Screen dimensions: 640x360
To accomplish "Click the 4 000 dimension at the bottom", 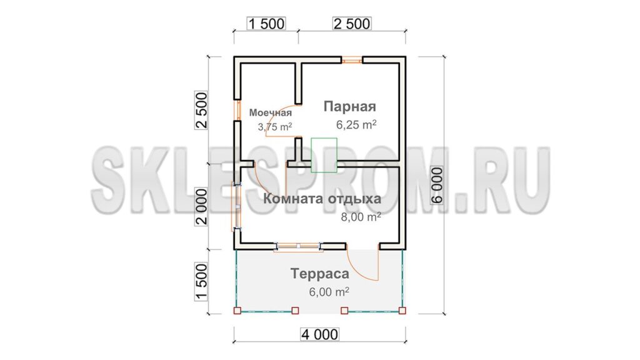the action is coord(319,335).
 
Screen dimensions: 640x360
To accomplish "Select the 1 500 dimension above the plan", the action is coord(266,24).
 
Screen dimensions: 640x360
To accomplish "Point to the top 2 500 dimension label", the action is coord(352,24).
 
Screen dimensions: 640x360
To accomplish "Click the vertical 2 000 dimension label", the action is coord(201,206).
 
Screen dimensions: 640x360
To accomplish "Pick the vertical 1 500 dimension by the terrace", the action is coord(201,282).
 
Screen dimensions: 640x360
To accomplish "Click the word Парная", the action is coord(350,106).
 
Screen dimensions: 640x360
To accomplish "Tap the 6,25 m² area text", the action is coord(356,124).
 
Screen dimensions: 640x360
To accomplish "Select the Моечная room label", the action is coord(270,112).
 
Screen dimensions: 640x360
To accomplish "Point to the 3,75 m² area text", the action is coord(275,127).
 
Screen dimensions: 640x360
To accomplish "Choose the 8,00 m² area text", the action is coord(361,217).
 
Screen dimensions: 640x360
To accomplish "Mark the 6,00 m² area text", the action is coord(329,292).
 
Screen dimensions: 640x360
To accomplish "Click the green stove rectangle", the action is coord(324,155).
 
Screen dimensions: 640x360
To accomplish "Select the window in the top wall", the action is coord(352,61).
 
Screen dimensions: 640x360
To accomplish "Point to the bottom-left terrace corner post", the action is coord(237,311).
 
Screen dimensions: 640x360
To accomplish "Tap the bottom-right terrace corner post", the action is coord(402,311).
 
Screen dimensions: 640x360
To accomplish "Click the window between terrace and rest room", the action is coord(298,246).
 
